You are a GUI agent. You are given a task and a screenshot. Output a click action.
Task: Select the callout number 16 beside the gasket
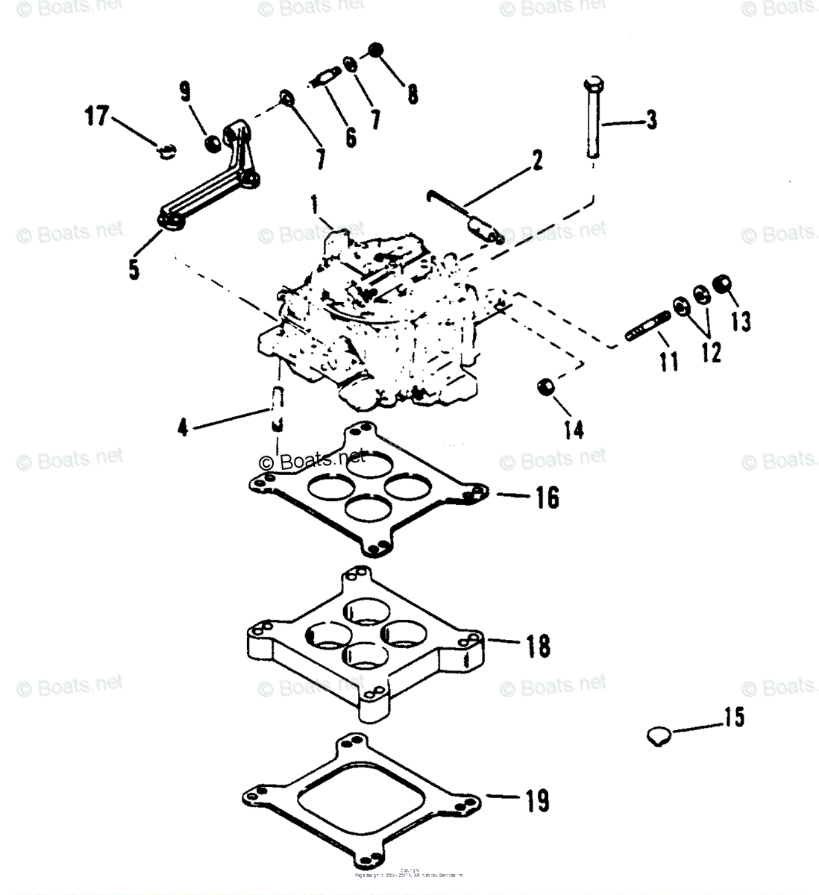pos(547,496)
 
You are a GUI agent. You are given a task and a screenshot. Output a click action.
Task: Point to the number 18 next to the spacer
pos(538,645)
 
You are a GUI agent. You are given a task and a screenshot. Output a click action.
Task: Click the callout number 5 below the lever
pos(134,268)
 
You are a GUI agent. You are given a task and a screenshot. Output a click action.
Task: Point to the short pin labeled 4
pos(276,407)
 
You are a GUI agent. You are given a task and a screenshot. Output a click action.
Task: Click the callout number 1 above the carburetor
pos(315,202)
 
